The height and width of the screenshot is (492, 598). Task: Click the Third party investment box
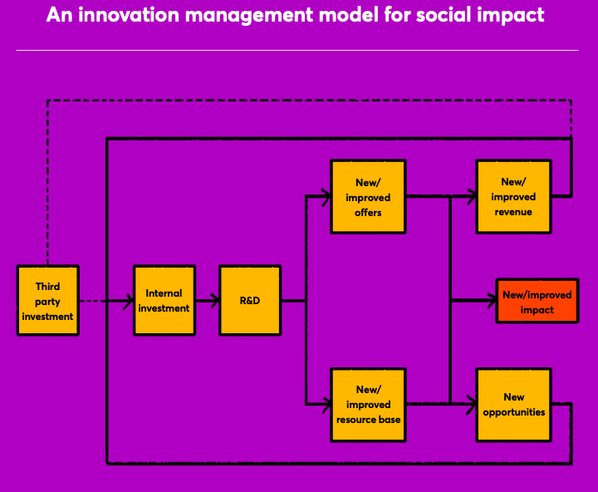[48, 301]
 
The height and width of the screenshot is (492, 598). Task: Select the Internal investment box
[164, 301]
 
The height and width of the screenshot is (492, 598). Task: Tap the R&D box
[250, 301]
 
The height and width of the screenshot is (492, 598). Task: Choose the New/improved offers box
[368, 197]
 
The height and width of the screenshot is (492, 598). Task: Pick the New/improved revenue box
[514, 197]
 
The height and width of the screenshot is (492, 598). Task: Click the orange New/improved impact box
[537, 301]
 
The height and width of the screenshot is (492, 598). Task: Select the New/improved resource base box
[368, 405]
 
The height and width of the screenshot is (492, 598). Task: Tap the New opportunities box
[514, 405]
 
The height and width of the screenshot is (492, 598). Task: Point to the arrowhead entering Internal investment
[129, 301]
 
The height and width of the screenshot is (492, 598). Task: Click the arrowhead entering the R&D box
[215, 301]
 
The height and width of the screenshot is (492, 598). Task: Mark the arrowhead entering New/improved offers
[326, 197]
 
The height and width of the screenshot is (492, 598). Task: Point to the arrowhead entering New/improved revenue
[472, 197]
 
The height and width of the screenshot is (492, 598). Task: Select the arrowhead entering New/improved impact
[491, 301]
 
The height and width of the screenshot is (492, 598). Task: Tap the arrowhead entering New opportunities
[472, 405]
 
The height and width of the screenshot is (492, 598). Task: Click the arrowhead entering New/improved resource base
[326, 405]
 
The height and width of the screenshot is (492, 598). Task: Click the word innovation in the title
[129, 14]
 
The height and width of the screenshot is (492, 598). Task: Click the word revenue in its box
[513, 212]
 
